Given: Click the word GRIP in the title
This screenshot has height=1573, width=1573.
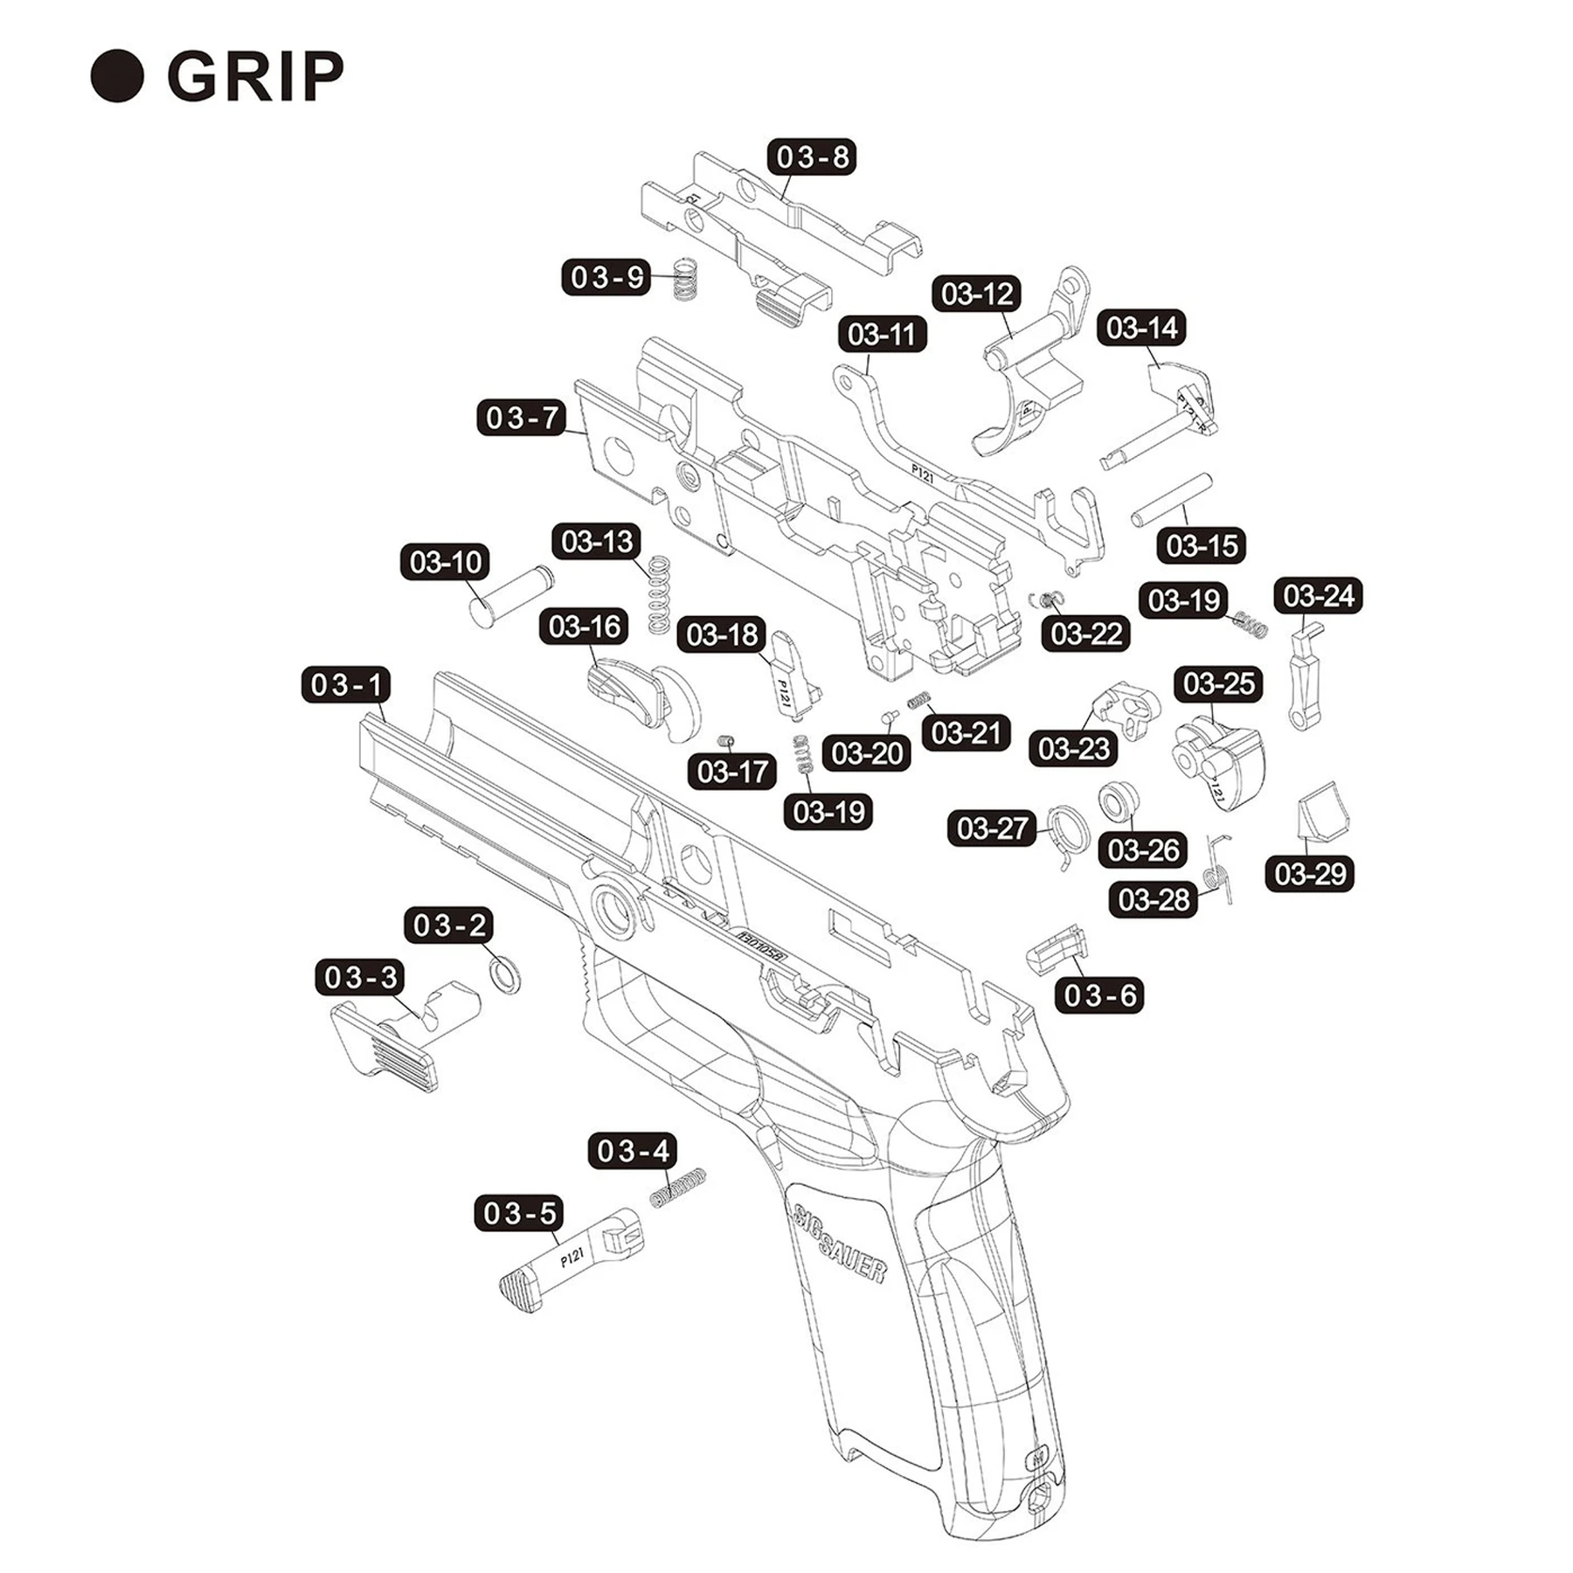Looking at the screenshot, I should pos(255,77).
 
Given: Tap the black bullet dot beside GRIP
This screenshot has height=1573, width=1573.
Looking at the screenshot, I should pos(117,77).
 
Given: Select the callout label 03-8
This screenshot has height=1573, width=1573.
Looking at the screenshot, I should pos(811,157).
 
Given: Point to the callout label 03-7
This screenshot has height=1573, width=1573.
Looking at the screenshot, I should pos(521,418).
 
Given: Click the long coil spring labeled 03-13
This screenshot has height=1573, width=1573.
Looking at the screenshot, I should pos(659,594).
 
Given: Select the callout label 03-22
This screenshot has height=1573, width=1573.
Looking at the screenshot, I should pos(1085,634).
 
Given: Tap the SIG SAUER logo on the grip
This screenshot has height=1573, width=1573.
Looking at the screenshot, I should pos(839,1244).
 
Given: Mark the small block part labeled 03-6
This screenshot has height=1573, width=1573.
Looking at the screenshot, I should pos(1056,948).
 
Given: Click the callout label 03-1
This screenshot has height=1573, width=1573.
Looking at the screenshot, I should pos(346,685).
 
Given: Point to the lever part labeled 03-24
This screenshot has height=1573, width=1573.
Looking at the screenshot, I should pos(1305,677).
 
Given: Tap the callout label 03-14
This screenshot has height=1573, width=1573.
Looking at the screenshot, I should pos(1141,328).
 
